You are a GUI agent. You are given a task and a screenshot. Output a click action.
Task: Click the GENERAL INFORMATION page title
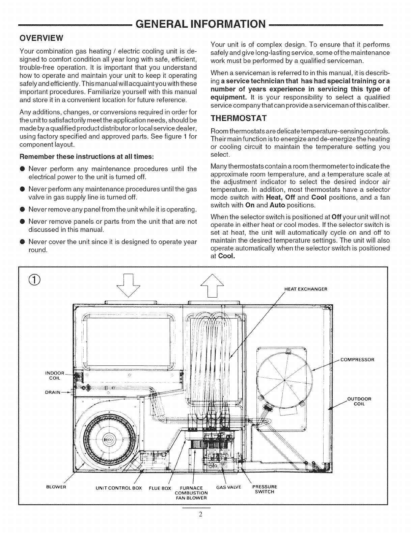[200, 24]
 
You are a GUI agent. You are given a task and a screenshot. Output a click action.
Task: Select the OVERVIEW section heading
[41, 38]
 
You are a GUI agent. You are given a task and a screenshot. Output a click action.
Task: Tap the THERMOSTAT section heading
[239, 119]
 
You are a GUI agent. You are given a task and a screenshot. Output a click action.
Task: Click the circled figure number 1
[35, 280]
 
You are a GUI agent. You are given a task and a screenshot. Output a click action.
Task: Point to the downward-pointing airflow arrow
[128, 285]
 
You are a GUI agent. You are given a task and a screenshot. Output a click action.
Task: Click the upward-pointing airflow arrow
[212, 286]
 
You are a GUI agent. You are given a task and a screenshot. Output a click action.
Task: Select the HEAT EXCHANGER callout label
[306, 289]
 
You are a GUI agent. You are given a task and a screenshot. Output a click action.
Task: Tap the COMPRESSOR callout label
[357, 360]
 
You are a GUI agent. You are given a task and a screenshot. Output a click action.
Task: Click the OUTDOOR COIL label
[359, 402]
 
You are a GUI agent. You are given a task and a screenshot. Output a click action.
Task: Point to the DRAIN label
[53, 392]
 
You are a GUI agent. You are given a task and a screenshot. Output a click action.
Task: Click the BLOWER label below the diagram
[56, 487]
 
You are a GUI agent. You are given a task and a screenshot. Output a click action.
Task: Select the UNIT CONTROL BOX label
[119, 488]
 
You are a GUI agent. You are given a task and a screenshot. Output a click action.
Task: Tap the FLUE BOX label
[160, 488]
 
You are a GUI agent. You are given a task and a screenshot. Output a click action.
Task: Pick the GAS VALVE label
[229, 487]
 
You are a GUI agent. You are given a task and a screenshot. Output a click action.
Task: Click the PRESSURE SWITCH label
[265, 489]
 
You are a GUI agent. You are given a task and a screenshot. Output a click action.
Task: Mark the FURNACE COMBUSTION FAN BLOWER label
[191, 493]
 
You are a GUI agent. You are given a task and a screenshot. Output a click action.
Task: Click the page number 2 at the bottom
[200, 514]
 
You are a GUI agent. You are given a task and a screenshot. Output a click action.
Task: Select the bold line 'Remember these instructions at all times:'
[87, 157]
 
